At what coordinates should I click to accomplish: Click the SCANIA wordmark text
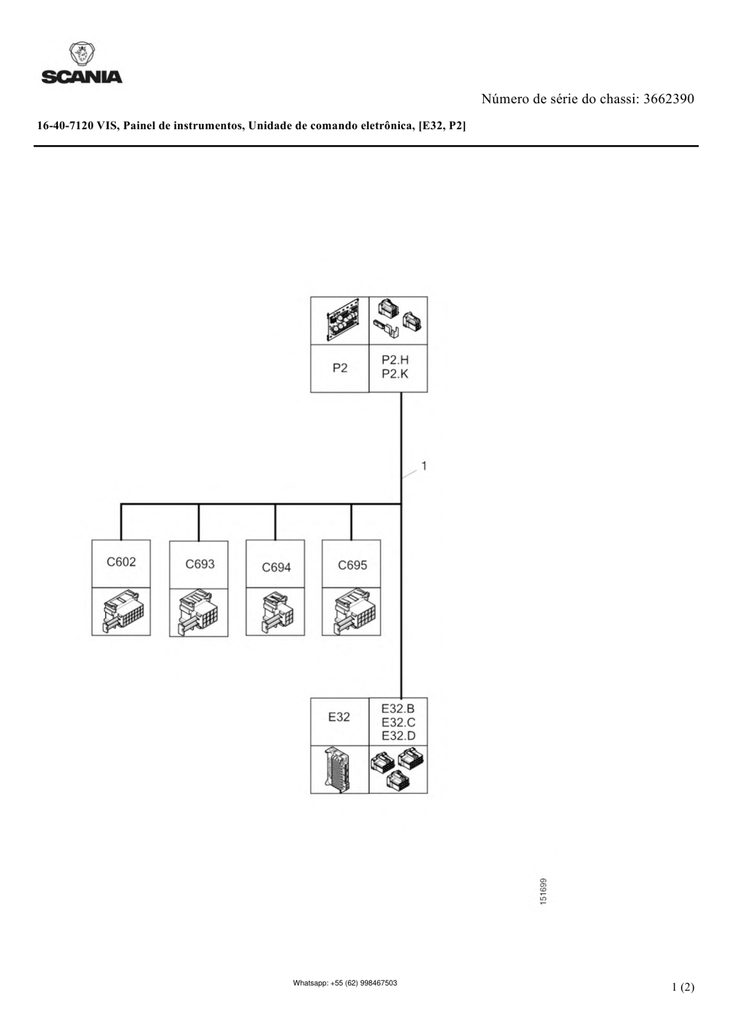pos(82,77)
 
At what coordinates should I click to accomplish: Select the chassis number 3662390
pos(669,99)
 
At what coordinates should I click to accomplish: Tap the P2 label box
pos(340,368)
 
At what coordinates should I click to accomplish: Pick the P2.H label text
pos(395,360)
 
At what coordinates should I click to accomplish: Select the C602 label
pos(121,562)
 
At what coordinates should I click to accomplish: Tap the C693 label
pos(200,564)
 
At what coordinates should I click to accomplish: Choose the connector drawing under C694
pos(277,612)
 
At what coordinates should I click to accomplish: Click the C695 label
pos(353,565)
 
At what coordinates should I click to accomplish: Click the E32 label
pos(339,717)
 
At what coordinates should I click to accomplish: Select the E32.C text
pos(398,722)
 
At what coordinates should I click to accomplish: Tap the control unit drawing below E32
pos(339,769)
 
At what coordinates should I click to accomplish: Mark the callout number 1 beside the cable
pos(424,466)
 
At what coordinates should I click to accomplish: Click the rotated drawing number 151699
pos(544,891)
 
